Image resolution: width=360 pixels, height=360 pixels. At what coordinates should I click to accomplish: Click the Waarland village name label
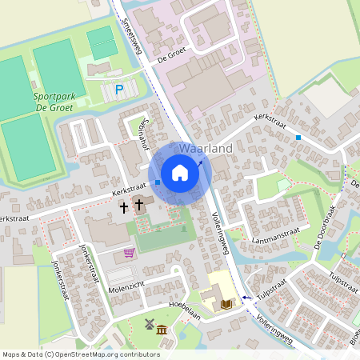coord(206,149)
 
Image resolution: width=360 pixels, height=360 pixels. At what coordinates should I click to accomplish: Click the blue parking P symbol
coord(119,90)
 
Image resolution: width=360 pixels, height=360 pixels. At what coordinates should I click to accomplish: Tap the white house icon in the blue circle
coord(180,173)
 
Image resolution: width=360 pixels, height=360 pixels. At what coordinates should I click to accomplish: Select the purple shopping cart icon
coord(129,253)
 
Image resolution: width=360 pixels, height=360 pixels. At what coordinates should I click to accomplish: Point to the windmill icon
coord(148,325)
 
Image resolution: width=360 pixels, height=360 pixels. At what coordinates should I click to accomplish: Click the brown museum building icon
coord(162,330)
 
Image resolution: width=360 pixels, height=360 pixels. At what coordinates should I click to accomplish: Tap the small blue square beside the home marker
coord(158,182)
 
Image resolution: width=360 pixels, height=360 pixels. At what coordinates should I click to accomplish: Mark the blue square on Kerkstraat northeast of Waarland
coord(298,138)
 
